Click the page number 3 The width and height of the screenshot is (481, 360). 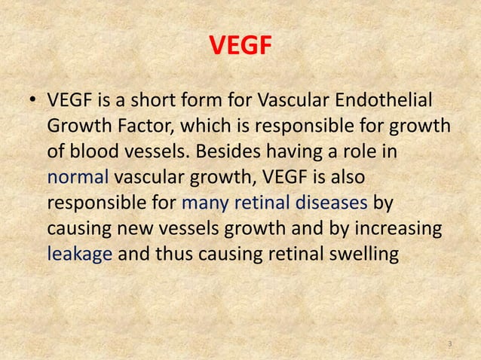449,344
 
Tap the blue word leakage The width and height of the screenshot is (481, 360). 80,254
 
